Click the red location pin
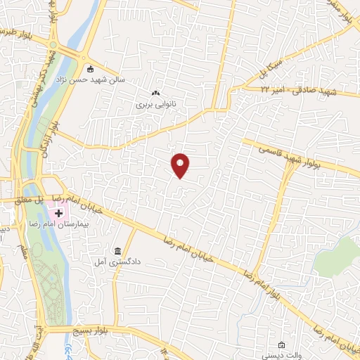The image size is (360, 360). coord(181,165)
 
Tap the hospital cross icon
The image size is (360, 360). coord(59,212)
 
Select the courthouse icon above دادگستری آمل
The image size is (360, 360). coord(117,251)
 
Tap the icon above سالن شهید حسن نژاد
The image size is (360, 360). coord(89,69)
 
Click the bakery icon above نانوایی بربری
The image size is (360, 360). coord(155,94)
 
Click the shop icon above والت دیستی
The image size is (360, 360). coord(281,345)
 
